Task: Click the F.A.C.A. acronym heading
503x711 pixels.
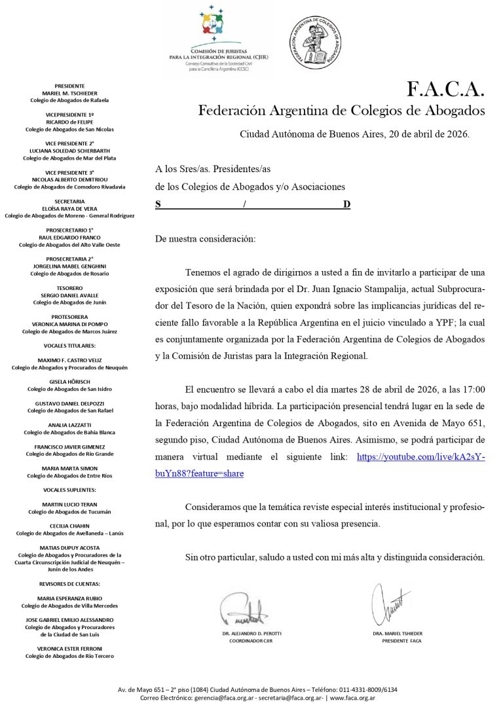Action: tap(445, 89)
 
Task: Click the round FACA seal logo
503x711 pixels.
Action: tap(316, 42)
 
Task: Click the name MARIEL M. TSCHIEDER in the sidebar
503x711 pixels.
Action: tap(69, 93)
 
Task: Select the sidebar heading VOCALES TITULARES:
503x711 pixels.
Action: tap(69, 345)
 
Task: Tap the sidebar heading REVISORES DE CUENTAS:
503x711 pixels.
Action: tap(69, 583)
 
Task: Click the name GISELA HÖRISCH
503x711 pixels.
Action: tap(69, 381)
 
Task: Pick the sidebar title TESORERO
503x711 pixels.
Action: tap(69, 288)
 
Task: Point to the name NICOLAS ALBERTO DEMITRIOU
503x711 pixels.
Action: tap(69, 179)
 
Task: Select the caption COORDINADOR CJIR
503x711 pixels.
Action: tap(250, 641)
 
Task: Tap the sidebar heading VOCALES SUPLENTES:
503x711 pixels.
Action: tap(69, 490)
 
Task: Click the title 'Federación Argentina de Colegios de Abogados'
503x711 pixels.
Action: tap(342, 110)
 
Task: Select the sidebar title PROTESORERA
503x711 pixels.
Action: tap(69, 316)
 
